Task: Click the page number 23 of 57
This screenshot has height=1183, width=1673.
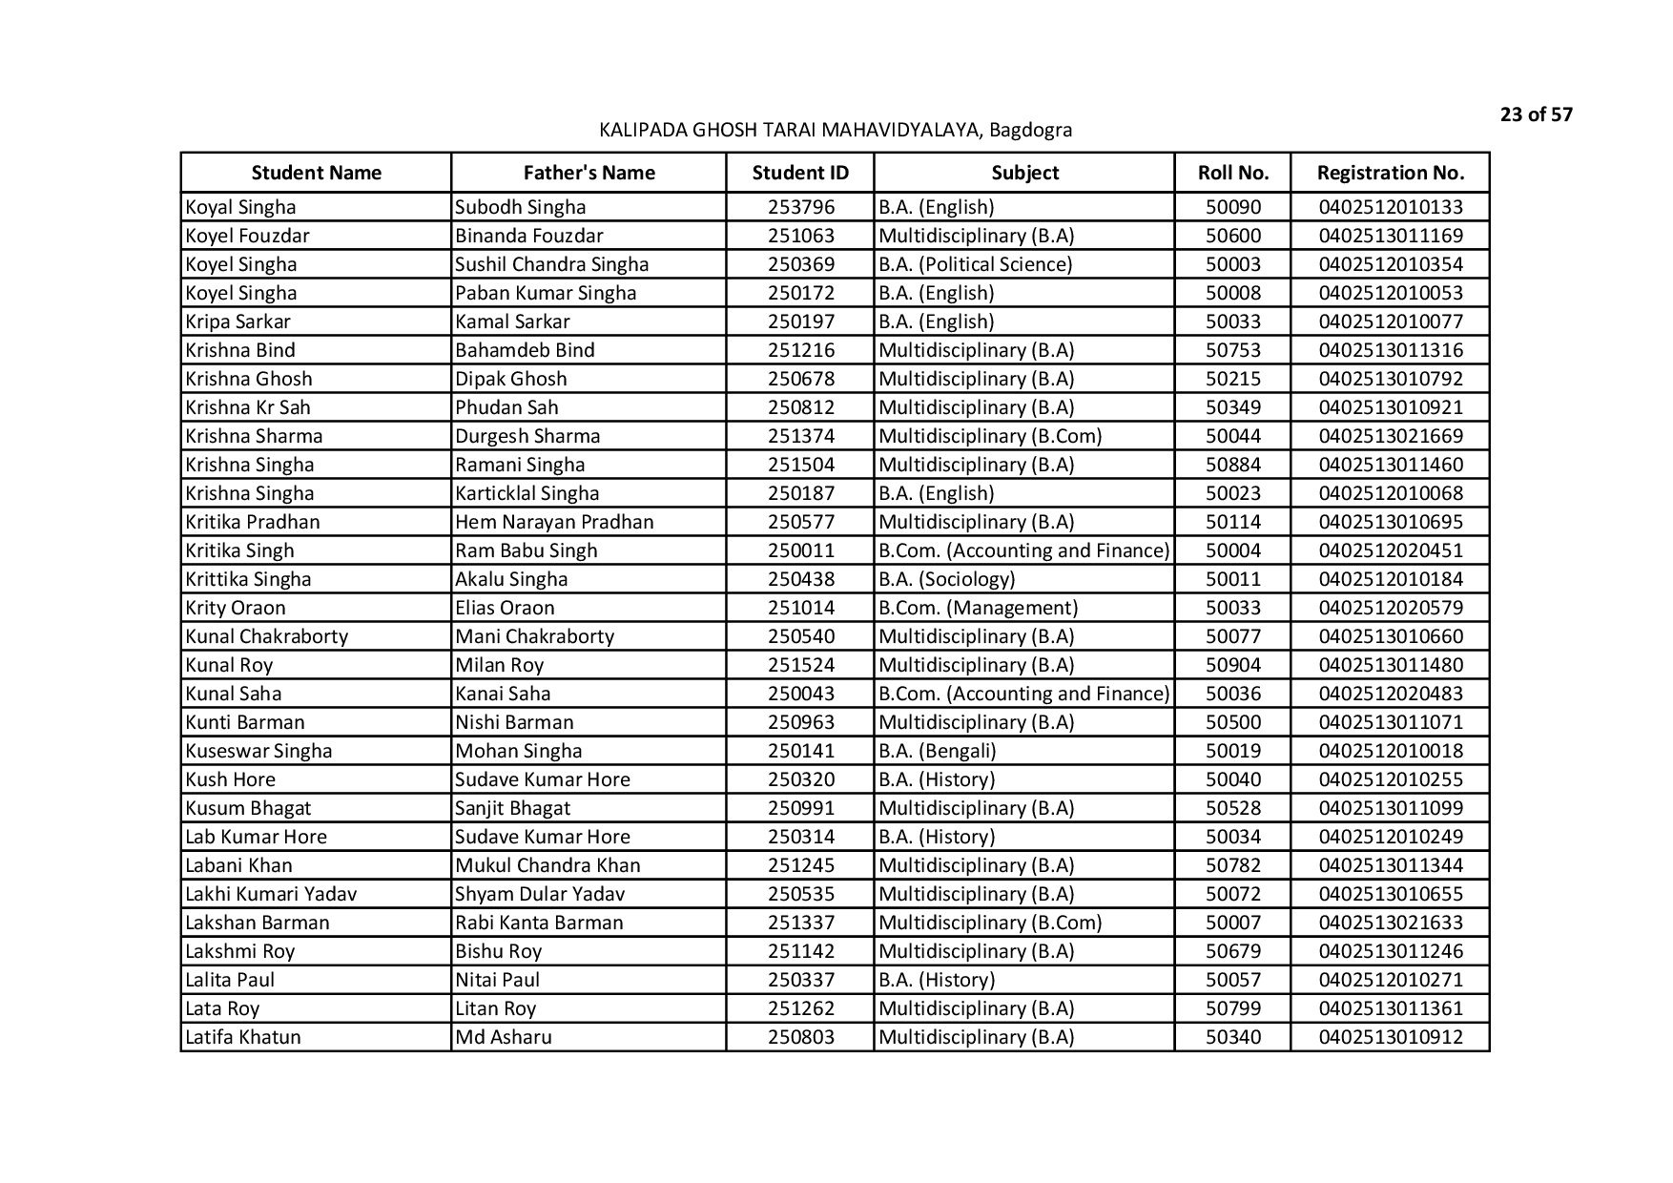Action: [x=1536, y=115]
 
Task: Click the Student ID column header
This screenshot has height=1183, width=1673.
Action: [x=799, y=173]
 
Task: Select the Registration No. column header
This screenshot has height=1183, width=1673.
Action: [x=1390, y=173]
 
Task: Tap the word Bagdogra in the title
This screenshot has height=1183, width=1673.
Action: [x=1030, y=130]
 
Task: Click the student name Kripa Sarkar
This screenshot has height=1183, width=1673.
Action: [x=238, y=322]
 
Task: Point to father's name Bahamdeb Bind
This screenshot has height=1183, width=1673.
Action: [x=525, y=350]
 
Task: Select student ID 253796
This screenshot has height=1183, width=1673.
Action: [x=800, y=207]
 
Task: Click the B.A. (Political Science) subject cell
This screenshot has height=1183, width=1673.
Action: [x=975, y=264]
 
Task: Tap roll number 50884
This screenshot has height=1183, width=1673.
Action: [x=1232, y=465]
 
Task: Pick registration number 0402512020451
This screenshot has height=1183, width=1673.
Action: [x=1390, y=550]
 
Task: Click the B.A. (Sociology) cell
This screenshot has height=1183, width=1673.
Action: [x=946, y=579]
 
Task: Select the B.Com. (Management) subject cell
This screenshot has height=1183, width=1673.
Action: [x=978, y=608]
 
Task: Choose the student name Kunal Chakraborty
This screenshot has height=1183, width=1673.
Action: [x=267, y=636]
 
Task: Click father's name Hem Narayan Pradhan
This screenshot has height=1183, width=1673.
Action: [x=554, y=522]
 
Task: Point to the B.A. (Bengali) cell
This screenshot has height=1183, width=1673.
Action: [x=937, y=751]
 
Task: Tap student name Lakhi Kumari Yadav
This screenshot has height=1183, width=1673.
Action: [x=271, y=894]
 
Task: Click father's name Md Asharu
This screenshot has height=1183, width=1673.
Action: [x=504, y=1037]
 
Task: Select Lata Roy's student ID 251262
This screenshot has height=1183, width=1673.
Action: [x=800, y=1008]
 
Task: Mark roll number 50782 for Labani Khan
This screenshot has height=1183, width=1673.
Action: [x=1232, y=865]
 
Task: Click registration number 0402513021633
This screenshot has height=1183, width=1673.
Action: [x=1390, y=923]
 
